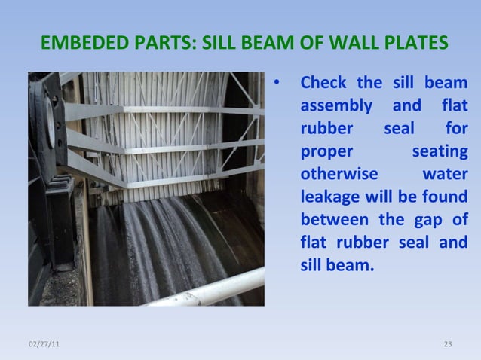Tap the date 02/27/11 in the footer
(x=46, y=344)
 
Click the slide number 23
(x=447, y=344)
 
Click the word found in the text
(x=446, y=197)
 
